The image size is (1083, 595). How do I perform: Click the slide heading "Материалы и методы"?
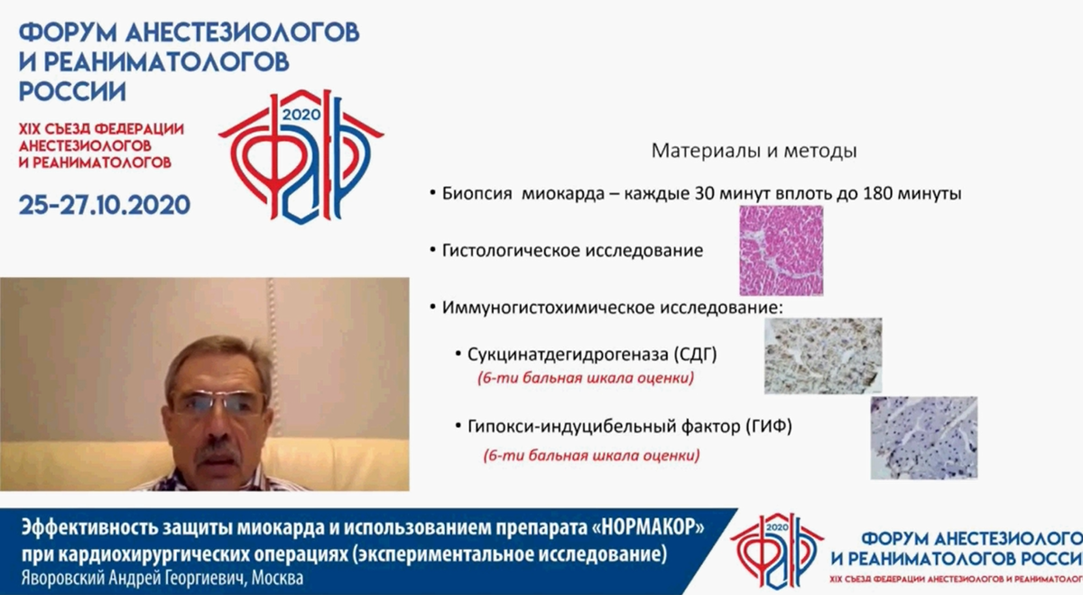[x=754, y=151]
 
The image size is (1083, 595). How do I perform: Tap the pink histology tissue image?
[x=781, y=250]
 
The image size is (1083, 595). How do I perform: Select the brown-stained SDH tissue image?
[x=822, y=355]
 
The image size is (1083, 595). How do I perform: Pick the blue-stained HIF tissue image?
[x=923, y=437]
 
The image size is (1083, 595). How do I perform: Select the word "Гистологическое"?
[x=505, y=250]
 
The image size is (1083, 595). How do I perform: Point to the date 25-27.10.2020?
[x=105, y=204]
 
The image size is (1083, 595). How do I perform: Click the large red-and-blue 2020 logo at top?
[x=301, y=153]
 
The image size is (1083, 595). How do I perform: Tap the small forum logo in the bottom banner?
[x=777, y=544]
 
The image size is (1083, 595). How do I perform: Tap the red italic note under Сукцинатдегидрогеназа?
[x=586, y=377]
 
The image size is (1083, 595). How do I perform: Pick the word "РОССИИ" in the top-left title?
[x=72, y=92]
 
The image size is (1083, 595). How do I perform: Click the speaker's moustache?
[x=218, y=449]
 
